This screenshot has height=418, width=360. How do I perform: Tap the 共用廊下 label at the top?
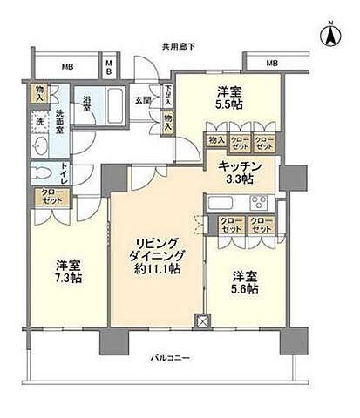[179, 45]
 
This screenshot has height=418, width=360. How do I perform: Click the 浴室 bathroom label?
[87, 101]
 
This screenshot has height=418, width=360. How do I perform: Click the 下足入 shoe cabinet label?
[166, 92]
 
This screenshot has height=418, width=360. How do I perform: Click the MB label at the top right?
[272, 64]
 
